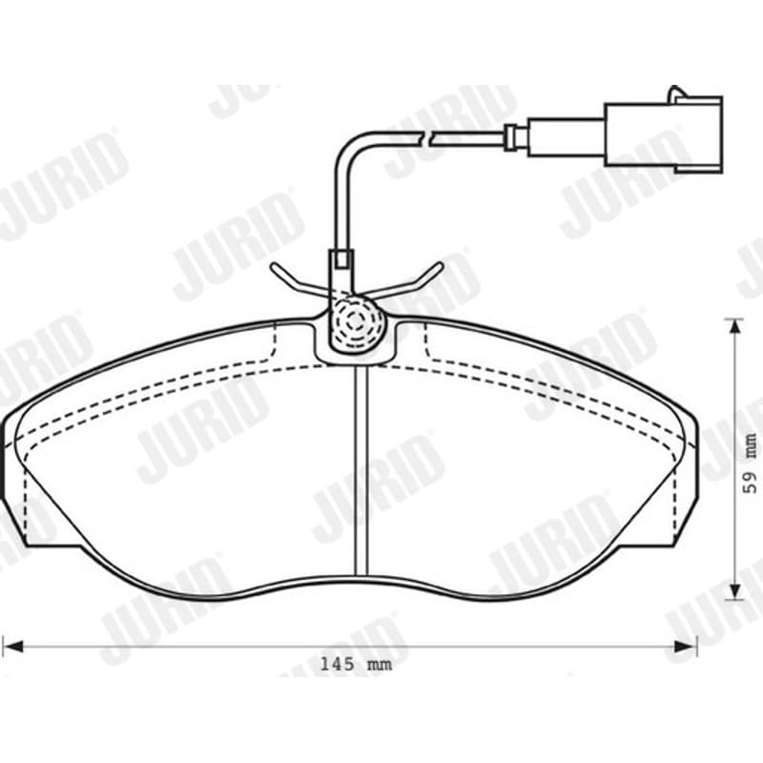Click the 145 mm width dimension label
(x=356, y=664)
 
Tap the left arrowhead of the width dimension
(x=12, y=647)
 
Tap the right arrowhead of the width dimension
(x=686, y=647)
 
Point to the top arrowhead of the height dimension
(x=734, y=326)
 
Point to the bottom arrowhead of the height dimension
(x=734, y=591)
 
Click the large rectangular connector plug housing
(x=664, y=134)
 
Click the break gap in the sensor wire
(x=424, y=138)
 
